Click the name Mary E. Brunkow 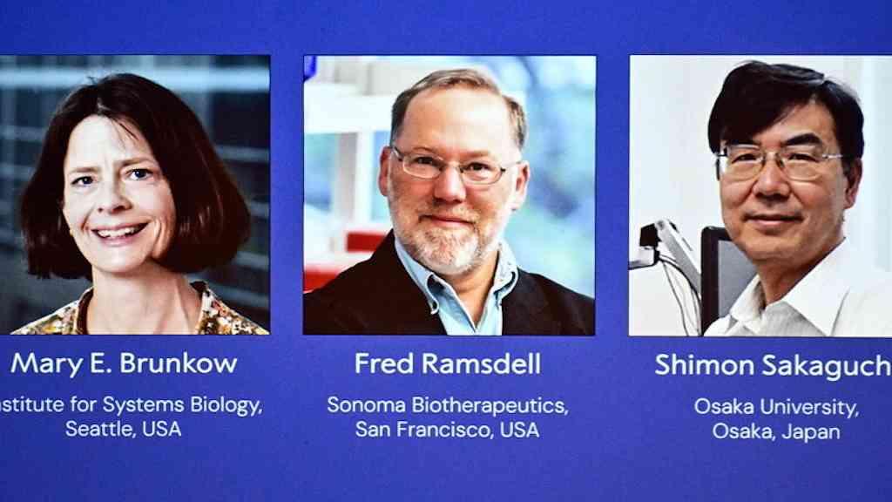124,363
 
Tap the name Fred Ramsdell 448,363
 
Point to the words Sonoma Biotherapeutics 448,405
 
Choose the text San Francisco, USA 448,429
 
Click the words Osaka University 776,406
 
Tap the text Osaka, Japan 776,431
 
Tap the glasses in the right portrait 778,162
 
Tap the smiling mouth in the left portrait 120,233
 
